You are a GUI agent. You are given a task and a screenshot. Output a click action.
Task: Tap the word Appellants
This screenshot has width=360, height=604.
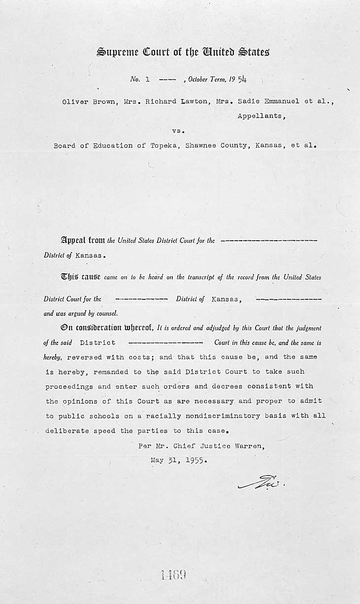261,117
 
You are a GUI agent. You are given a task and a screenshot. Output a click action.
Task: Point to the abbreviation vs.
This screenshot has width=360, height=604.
178,131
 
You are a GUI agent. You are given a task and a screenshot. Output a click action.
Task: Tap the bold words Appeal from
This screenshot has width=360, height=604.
83,241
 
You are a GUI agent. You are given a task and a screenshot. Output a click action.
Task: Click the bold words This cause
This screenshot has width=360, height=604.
81,277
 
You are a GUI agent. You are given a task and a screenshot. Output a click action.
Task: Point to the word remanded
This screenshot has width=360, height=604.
108,372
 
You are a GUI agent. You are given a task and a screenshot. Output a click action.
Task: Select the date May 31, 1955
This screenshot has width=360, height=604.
179,461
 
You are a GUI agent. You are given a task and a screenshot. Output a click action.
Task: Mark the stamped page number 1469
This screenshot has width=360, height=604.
173,575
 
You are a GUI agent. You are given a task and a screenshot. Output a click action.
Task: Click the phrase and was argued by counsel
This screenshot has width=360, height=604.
80,313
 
